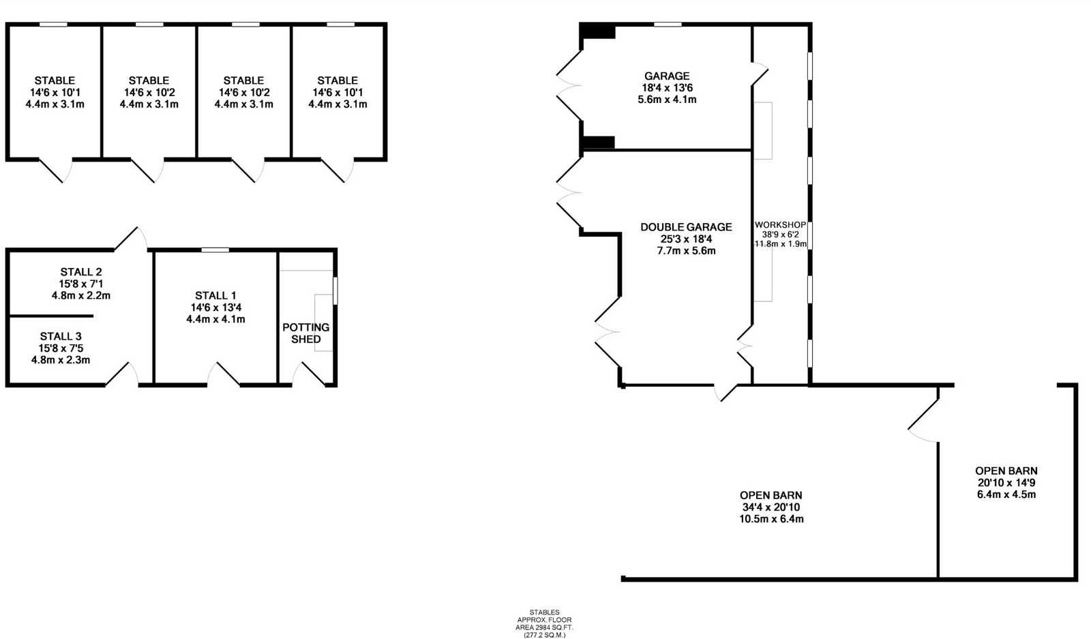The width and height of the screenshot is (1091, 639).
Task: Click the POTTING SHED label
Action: pyautogui.click(x=306, y=333)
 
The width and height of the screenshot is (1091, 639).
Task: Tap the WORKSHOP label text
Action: pyautogui.click(x=780, y=225)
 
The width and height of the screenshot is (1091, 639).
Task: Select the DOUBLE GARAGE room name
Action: pyautogui.click(x=686, y=227)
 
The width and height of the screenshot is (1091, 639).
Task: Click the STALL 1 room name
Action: pyautogui.click(x=215, y=296)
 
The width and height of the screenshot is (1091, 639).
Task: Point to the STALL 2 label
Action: pyautogui.click(x=81, y=272)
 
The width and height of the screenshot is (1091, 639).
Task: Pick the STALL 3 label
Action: pyautogui.click(x=61, y=336)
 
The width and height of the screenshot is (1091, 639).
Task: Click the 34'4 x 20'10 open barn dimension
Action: pyautogui.click(x=771, y=507)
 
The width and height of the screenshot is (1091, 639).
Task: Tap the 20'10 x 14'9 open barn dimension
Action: pyautogui.click(x=1006, y=483)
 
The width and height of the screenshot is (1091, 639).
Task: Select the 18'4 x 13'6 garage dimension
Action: pyautogui.click(x=667, y=88)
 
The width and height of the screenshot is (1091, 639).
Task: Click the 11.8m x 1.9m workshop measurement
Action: pyautogui.click(x=780, y=243)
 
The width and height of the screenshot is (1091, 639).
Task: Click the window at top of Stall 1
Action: pyautogui.click(x=215, y=250)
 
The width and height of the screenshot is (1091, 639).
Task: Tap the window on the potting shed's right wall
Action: pyautogui.click(x=335, y=291)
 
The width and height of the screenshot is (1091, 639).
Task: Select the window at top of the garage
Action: pyautogui.click(x=668, y=25)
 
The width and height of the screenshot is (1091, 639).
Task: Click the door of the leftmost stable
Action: pyautogui.click(x=55, y=170)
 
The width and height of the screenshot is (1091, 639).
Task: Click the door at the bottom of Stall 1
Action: pyautogui.click(x=224, y=374)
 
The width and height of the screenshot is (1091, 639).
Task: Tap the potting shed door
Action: pyautogui.click(x=308, y=374)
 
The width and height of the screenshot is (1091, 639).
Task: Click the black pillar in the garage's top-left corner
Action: pyautogui.click(x=598, y=31)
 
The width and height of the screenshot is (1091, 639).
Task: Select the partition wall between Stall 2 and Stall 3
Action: pyautogui.click(x=51, y=316)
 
